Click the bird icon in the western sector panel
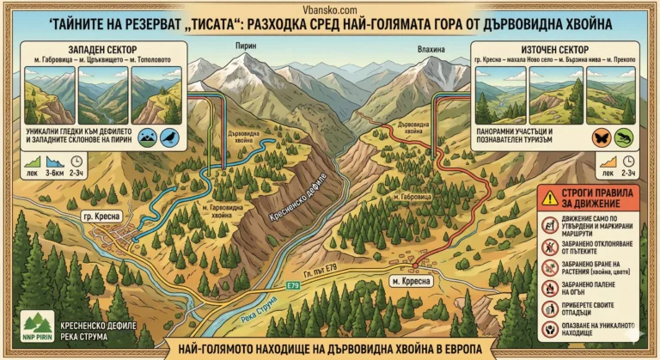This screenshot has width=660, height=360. coord(168,136)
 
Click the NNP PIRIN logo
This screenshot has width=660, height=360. coord(36,329)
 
